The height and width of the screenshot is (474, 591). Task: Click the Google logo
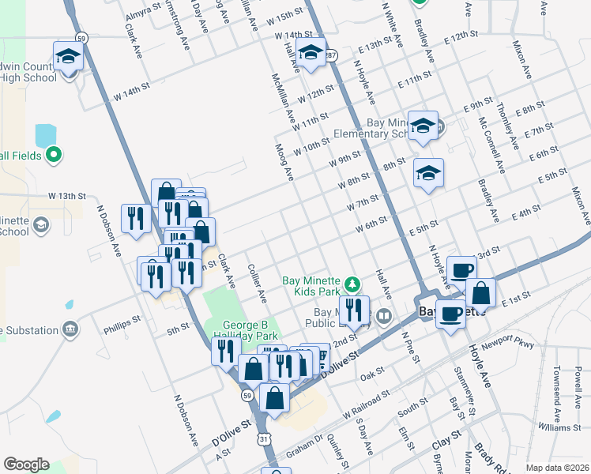(x=26, y=465)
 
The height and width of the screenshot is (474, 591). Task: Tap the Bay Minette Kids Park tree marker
(x=355, y=283)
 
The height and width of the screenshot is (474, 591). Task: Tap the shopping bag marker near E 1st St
(x=480, y=293)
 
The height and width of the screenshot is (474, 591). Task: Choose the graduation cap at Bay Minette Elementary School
(x=423, y=127)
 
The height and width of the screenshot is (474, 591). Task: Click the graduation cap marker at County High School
(x=69, y=56)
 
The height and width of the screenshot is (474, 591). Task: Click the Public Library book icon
(x=384, y=317)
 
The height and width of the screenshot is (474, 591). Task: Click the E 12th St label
(x=463, y=38)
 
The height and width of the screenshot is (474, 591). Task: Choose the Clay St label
(x=446, y=437)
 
